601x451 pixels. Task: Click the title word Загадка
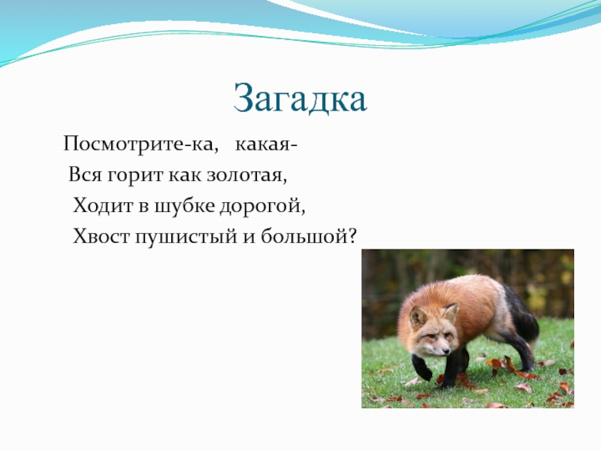300,98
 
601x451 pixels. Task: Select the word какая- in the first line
266,144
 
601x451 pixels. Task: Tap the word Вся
85,175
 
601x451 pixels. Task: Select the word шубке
185,205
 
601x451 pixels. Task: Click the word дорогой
262,206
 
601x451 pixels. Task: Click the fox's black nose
445,351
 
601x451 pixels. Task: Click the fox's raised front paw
421,369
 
